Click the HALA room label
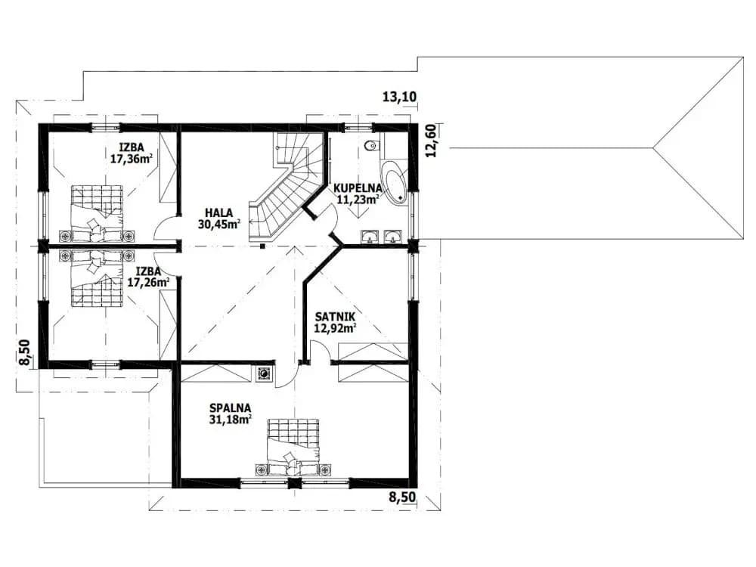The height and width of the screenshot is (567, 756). point(218,212)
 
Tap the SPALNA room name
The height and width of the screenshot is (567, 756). point(230,408)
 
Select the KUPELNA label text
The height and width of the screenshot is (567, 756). point(358,188)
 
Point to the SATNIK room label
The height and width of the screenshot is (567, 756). point(335,317)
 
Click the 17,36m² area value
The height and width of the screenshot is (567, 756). point(130,158)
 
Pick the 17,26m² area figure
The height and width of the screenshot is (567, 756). point(148,282)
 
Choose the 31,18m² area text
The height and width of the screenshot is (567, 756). point(230,420)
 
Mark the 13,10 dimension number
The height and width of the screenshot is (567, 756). point(399,97)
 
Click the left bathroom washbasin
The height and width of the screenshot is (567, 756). point(370,236)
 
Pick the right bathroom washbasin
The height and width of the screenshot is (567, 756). point(392,236)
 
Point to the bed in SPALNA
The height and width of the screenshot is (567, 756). point(293,447)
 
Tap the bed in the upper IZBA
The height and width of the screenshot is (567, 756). point(97,213)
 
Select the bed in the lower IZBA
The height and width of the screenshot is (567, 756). point(97,277)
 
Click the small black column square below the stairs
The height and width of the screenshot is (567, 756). point(262,246)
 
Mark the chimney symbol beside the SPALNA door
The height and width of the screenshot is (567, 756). point(264,373)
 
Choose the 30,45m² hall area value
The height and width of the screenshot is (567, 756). point(219,224)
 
